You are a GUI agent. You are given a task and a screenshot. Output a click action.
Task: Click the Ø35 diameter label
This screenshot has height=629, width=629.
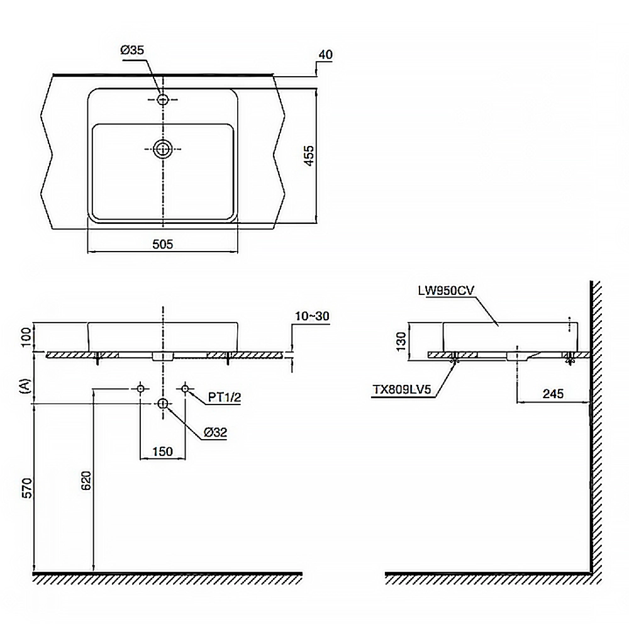point(132,50)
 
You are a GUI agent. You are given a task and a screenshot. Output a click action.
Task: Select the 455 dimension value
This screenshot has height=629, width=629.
point(309,155)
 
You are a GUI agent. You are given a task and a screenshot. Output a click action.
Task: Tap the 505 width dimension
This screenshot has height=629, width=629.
point(162,244)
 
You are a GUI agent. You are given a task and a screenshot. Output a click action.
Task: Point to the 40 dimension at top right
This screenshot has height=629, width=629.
point(326,55)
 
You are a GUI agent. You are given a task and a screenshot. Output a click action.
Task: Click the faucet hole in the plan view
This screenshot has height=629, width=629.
point(162,99)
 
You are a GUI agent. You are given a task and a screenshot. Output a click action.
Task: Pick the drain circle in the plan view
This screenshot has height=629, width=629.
point(162,149)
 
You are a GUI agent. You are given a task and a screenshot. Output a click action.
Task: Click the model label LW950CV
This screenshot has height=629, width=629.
point(446,291)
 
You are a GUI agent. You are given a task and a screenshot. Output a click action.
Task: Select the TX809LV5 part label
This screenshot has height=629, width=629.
point(404,389)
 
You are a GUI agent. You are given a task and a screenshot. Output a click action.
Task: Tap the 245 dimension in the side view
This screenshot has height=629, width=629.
point(553,394)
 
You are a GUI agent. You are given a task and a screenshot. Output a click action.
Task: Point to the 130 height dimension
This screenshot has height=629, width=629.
point(401,342)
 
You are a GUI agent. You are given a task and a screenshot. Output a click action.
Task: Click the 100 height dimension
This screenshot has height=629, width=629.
point(26,337)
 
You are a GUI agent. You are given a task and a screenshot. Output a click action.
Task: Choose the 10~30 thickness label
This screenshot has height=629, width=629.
point(312,316)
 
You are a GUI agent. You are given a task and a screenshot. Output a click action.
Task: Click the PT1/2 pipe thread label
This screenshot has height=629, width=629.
point(225,397)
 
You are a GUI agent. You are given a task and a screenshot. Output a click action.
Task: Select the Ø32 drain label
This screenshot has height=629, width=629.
point(215,432)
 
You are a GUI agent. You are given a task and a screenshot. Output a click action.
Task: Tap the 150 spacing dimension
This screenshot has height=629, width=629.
point(162,451)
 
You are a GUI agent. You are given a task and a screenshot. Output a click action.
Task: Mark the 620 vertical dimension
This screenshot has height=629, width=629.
point(86,480)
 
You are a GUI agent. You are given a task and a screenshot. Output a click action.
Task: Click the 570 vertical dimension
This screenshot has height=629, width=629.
point(26,488)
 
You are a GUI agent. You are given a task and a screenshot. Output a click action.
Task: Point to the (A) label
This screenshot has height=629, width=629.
point(25,386)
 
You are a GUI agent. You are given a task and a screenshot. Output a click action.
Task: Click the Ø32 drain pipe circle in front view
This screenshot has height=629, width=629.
point(162,404)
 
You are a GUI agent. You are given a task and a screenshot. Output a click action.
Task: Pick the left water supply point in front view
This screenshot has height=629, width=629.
point(140,389)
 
